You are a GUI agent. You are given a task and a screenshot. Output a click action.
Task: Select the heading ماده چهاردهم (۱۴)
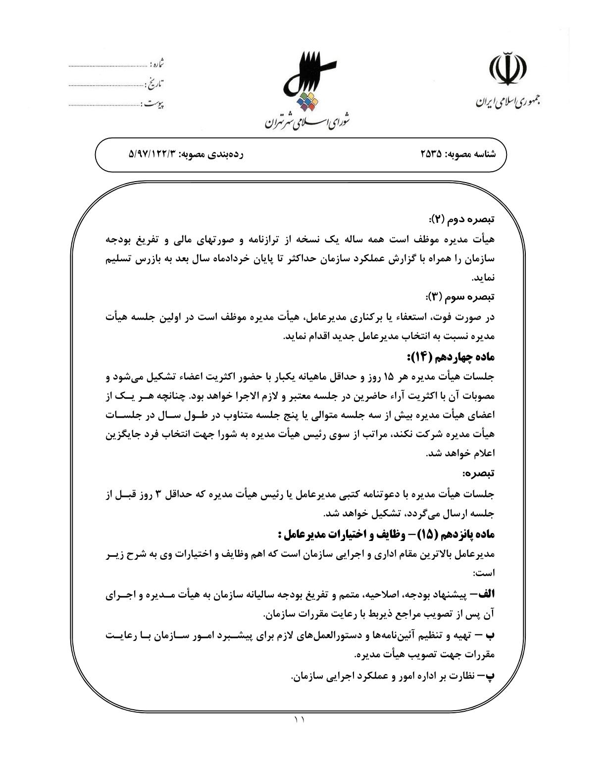click(451, 357)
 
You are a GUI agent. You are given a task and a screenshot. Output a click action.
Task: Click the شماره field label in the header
click(157, 64)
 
